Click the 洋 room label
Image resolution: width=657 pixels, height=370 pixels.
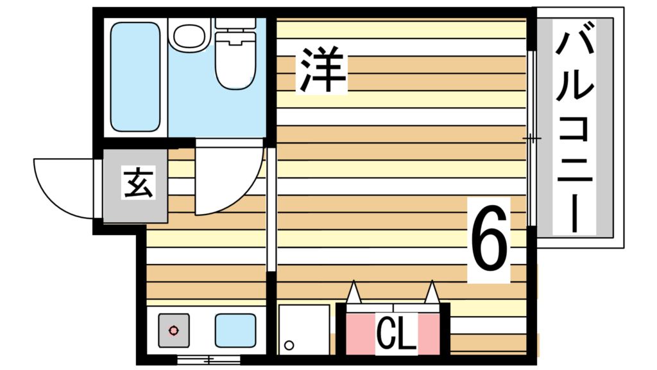click(x=321, y=70)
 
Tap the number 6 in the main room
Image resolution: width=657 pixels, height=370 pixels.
click(x=489, y=238)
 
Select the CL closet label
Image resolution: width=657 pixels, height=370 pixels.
click(x=396, y=333)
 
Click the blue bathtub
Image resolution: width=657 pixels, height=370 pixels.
click(x=135, y=77)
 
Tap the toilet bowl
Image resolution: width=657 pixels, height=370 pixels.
click(x=235, y=62)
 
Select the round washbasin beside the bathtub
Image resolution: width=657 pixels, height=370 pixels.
click(x=189, y=35)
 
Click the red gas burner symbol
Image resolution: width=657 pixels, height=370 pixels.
click(x=173, y=331)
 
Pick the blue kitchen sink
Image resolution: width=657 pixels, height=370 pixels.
click(x=235, y=331)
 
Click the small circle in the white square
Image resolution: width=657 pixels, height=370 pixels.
click(x=289, y=345)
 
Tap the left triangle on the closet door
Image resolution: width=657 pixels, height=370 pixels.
click(x=354, y=292)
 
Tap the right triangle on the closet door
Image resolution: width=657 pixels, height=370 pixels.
click(x=432, y=292)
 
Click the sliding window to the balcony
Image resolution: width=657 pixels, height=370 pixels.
click(x=532, y=139)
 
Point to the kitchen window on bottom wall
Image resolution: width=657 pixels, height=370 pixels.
click(x=209, y=360)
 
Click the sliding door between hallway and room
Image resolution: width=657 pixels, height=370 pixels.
click(x=271, y=209)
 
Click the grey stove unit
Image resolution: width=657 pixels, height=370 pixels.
click(x=173, y=331)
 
